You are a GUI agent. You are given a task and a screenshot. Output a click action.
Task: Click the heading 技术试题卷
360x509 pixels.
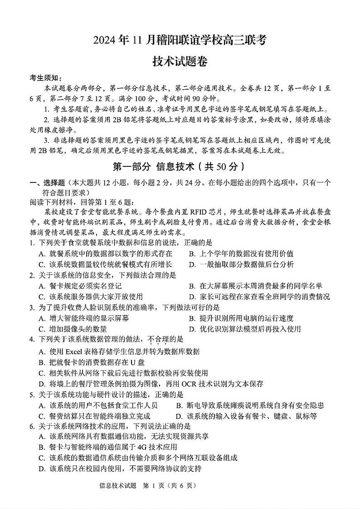tap(180, 62)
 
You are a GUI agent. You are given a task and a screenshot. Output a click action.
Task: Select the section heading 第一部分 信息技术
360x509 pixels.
tap(180, 166)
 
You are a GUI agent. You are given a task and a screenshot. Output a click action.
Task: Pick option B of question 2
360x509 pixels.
tap(256, 286)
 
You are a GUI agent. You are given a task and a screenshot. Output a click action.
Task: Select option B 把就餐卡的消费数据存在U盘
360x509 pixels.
tap(92, 362)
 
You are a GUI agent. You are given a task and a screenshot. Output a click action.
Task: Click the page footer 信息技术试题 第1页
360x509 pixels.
tap(148, 485)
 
